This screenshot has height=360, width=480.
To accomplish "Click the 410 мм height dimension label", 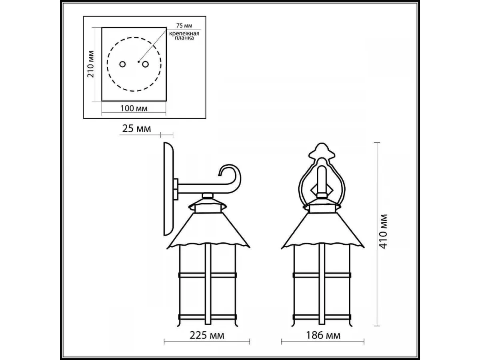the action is pyautogui.click(x=384, y=232).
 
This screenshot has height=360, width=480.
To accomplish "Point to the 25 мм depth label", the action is pyautogui.click(x=137, y=128).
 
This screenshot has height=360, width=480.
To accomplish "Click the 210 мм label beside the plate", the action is pyautogui.click(x=90, y=64).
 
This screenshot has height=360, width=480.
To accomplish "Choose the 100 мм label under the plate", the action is pyautogui.click(x=134, y=108).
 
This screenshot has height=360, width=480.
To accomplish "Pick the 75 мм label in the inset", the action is pyautogui.click(x=184, y=26).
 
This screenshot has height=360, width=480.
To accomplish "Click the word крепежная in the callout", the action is pyautogui.click(x=184, y=34).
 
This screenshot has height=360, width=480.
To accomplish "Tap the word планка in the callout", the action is pyautogui.click(x=184, y=38).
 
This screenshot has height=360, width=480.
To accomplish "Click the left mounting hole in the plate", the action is pyautogui.click(x=122, y=64).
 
